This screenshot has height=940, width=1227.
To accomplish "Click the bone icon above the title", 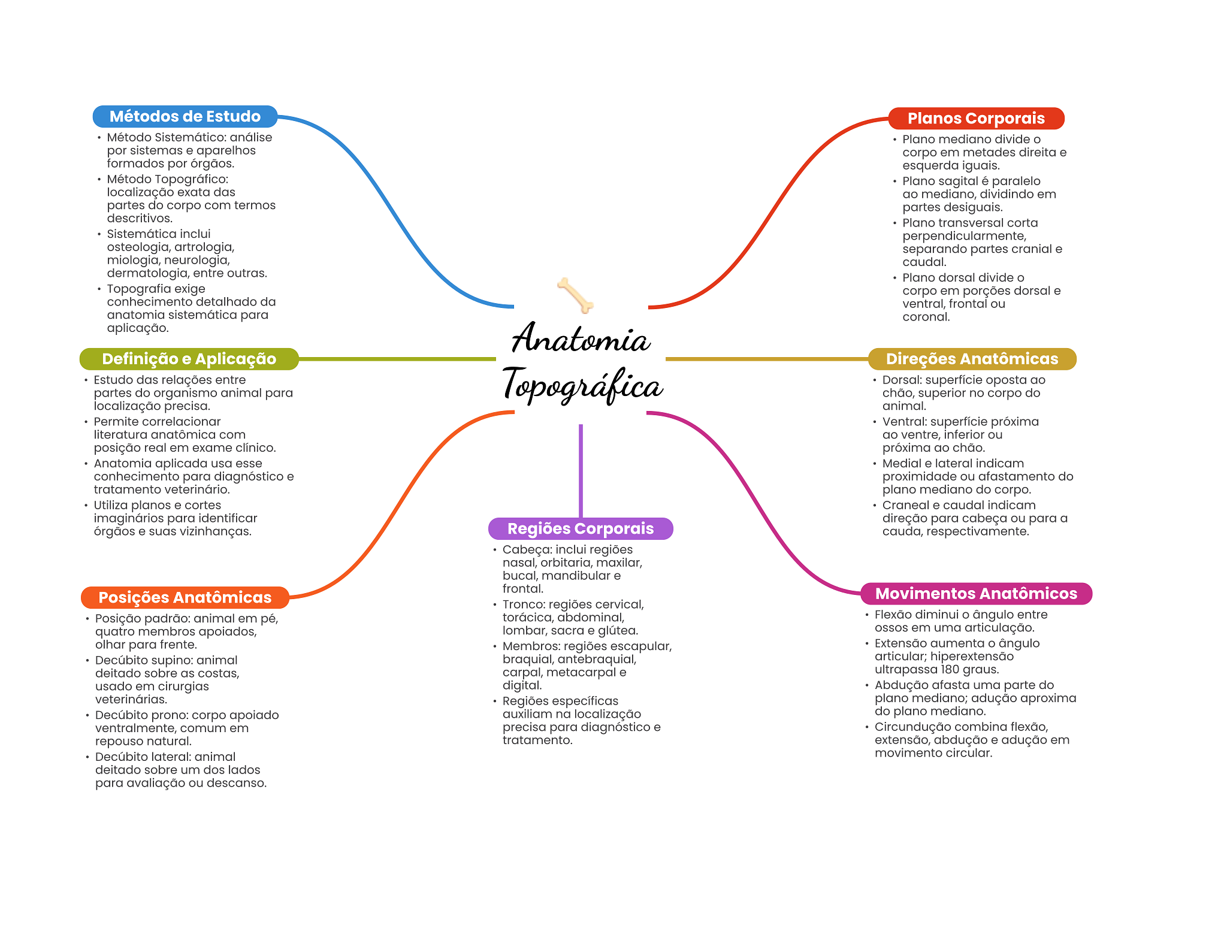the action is coord(575,295).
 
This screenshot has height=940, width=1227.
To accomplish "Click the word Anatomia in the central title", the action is coord(581,338).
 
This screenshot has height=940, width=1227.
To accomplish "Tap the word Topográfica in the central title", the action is coord(582,385).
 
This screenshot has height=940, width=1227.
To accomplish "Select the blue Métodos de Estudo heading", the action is coord(185,116).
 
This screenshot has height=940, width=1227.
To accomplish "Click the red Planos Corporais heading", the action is coord(976,118).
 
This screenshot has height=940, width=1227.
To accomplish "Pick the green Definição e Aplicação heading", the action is coord(189,359).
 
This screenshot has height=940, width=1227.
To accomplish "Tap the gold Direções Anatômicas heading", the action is coord(972,359).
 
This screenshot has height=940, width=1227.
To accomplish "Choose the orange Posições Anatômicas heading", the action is coord(185,597).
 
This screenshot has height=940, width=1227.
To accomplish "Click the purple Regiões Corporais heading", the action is coord(581,528).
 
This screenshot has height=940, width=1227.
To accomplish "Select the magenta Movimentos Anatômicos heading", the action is coord(976,594).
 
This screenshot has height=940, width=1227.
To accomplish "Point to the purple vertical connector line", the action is coord(581,471).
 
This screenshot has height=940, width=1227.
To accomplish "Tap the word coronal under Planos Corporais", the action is coord(926,317).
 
